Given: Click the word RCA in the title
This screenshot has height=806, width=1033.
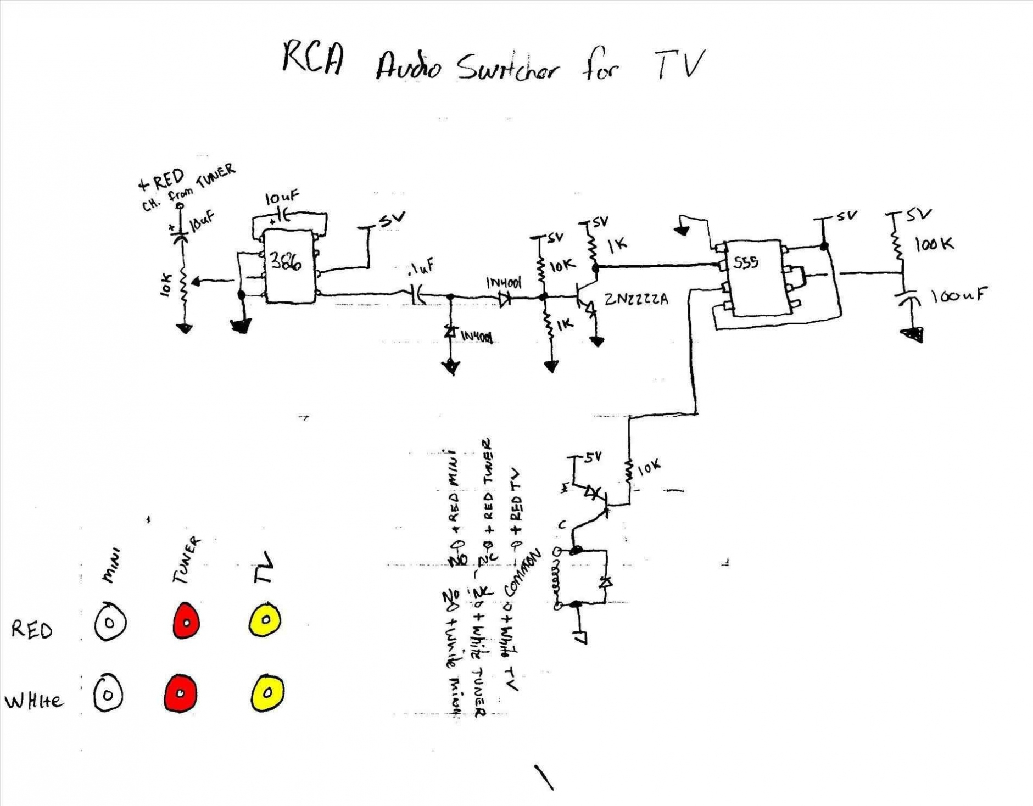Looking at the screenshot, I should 313,58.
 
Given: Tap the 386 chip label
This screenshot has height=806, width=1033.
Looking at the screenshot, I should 286,262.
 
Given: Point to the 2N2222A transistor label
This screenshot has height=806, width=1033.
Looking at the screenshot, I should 636,300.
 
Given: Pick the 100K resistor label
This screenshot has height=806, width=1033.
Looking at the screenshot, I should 934,244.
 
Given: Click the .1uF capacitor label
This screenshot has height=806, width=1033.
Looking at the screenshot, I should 421,268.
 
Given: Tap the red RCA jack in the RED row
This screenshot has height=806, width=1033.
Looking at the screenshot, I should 186,621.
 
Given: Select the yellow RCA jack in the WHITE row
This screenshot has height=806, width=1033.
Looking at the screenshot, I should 267,692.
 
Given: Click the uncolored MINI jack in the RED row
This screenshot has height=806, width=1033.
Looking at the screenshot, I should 109,622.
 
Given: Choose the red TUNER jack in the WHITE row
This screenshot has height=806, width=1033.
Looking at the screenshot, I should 180,693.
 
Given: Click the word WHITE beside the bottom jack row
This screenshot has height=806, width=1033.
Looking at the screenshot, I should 34,701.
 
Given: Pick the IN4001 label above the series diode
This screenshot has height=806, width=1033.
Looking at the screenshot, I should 503,283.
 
